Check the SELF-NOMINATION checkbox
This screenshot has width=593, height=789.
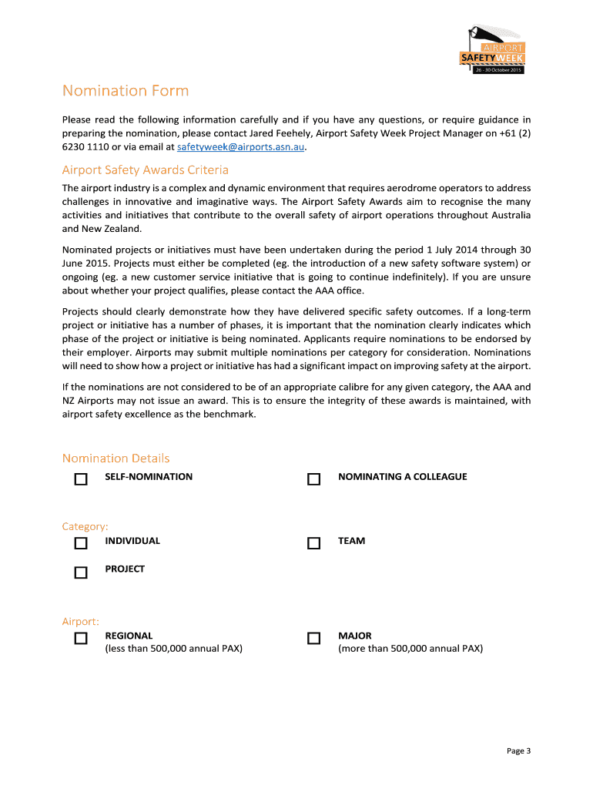coord(81,479)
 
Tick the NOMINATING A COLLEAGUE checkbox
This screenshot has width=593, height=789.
coord(313,479)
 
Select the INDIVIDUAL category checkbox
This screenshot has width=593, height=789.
coord(81,543)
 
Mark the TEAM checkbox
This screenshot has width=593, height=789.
coord(313,543)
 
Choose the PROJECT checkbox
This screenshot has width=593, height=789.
coord(81,572)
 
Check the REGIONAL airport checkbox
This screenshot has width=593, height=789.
coord(81,639)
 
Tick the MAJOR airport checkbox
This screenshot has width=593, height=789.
coord(313,639)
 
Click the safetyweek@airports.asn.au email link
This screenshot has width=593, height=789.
coord(241,146)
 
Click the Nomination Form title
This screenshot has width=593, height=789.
coord(125,91)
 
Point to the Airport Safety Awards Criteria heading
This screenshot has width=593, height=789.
coord(145,170)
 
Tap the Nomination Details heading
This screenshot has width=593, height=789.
coord(116,458)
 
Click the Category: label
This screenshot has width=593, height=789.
coord(85,526)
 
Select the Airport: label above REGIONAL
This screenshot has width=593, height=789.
coord(80,621)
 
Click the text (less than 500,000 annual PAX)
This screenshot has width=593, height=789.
coord(173,649)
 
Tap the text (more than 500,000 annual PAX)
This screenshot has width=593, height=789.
coord(410,649)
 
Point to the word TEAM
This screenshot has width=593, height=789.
coord(351,541)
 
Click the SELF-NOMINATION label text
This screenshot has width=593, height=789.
coord(149,477)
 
